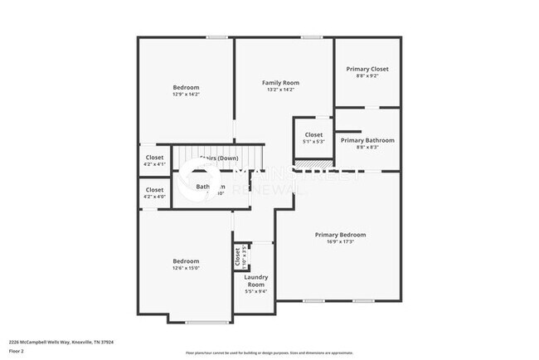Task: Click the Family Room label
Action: (x=280, y=83)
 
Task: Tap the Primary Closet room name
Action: (x=367, y=69)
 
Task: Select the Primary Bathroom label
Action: (x=367, y=140)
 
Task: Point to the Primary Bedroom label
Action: (x=340, y=235)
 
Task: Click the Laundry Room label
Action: (x=255, y=280)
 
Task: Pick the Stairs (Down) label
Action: (x=218, y=158)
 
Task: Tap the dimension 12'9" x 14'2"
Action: (x=186, y=95)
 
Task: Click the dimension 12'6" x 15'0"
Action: (x=186, y=268)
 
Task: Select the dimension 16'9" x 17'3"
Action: (x=340, y=242)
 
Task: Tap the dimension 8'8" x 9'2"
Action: (x=367, y=76)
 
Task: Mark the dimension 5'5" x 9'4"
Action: (x=255, y=290)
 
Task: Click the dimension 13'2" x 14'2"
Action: (x=280, y=90)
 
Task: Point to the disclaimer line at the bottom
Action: (x=269, y=353)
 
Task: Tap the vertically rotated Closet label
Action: (x=237, y=259)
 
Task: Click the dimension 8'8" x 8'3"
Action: (x=367, y=148)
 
